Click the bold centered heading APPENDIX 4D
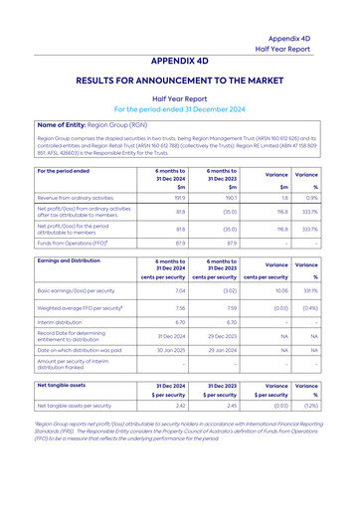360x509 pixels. click(x=180, y=59)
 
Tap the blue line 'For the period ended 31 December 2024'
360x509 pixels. click(x=180, y=109)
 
